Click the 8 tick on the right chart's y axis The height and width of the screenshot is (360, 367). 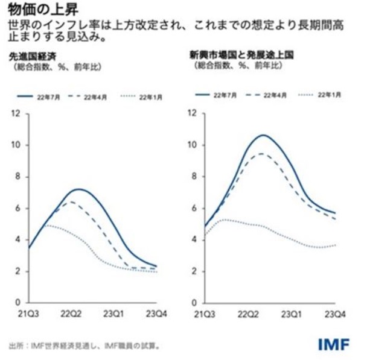coord(193,177)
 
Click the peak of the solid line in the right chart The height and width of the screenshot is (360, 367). coord(263,134)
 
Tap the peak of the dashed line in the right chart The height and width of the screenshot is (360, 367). coord(261,153)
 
